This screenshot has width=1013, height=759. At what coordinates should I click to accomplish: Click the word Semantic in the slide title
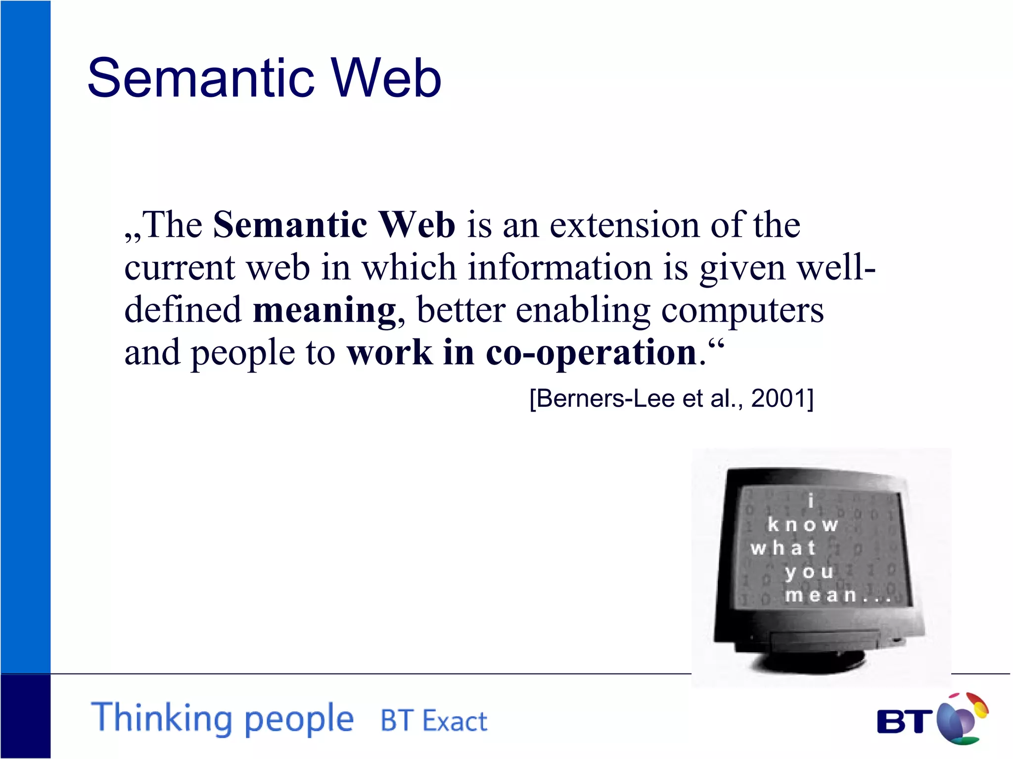(201, 78)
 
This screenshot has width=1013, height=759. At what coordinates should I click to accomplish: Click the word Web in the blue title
(386, 78)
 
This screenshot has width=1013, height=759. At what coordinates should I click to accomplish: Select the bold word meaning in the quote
(324, 310)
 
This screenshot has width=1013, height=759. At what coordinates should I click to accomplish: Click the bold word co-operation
(591, 353)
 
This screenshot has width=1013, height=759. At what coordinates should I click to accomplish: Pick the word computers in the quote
(742, 310)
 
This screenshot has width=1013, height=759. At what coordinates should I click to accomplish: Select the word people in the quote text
(243, 354)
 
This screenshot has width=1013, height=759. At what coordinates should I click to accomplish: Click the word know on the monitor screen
(802, 525)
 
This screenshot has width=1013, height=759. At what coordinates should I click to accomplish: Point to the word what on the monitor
(783, 548)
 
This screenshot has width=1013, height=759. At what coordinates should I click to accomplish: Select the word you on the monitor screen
(809, 572)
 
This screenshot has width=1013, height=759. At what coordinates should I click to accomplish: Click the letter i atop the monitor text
(810, 501)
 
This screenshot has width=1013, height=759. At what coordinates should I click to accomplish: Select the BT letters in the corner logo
(903, 722)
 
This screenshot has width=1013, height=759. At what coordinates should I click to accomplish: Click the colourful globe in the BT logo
(962, 718)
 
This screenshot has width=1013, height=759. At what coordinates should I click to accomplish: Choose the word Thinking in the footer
(161, 718)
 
